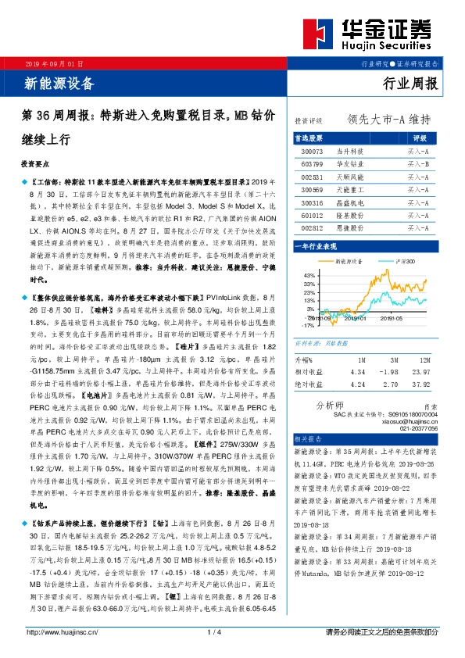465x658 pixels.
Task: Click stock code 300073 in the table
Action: [x=312, y=150]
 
